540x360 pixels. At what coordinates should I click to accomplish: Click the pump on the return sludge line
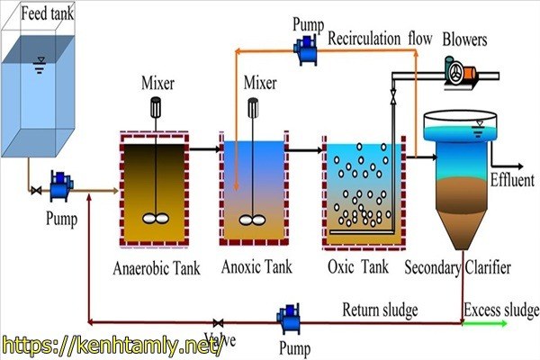pyautogui.click(x=290, y=319)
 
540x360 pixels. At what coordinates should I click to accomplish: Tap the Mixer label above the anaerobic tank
pyautogui.click(x=157, y=85)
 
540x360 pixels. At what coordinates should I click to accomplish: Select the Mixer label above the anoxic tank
pyautogui.click(x=261, y=85)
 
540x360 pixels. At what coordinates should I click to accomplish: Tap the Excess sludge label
pyautogui.click(x=500, y=311)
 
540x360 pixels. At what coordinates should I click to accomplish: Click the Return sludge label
pyautogui.click(x=380, y=311)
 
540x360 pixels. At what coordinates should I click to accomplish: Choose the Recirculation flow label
pyautogui.click(x=380, y=40)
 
